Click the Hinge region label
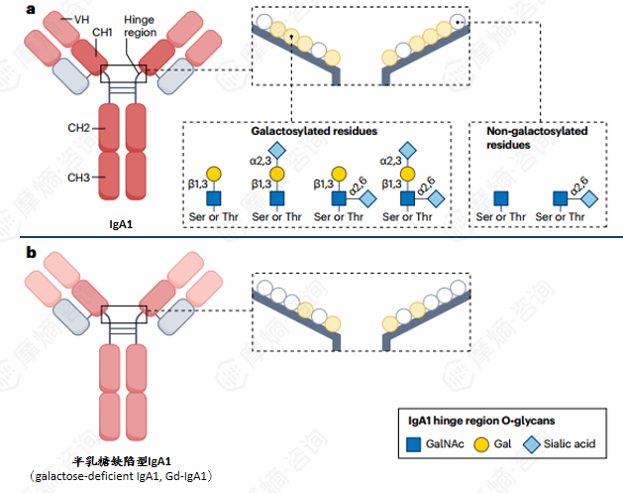(139, 26)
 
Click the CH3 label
(80, 177)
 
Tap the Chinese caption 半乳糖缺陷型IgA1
(123, 461)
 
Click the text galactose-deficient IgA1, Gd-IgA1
(123, 476)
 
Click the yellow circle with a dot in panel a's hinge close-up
(292, 38)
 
